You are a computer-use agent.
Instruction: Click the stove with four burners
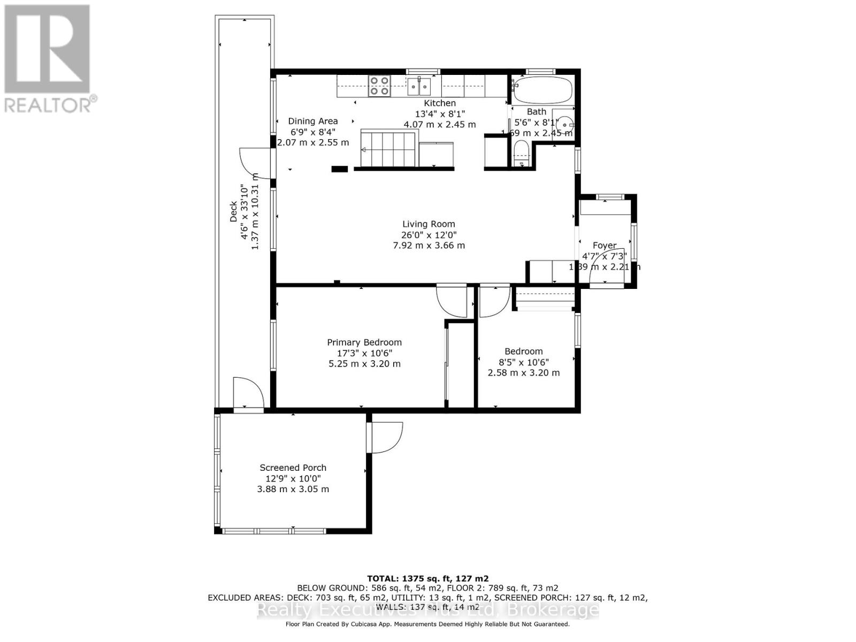click(x=379, y=86)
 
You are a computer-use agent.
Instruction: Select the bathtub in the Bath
click(x=541, y=90)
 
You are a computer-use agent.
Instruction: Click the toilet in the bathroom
click(x=521, y=154)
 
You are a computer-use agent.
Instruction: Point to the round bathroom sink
click(x=563, y=125)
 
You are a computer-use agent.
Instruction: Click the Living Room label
click(x=429, y=224)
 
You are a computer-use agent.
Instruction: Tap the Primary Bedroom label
click(x=364, y=342)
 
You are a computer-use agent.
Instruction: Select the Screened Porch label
click(x=293, y=468)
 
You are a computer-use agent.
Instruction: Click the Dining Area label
click(x=313, y=121)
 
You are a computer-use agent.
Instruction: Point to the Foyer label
click(x=605, y=246)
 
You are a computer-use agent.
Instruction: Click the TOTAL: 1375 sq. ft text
click(x=427, y=578)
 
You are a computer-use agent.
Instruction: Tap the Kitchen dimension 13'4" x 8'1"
click(x=440, y=114)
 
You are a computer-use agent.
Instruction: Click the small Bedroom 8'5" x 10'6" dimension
click(x=523, y=362)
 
